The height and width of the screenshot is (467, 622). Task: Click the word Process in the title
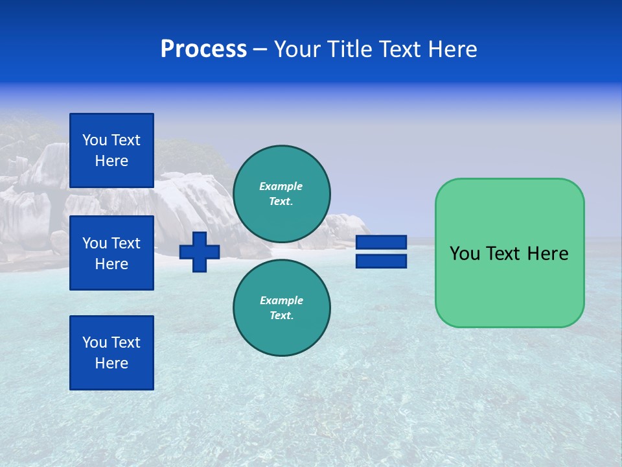203,49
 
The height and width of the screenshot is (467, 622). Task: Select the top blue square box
111,150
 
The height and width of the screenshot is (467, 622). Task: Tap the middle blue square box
111,253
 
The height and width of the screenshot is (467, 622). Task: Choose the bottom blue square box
111,353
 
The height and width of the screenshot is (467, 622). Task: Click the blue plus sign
200,252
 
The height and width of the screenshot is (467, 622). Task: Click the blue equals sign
381,252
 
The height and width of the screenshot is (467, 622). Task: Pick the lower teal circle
282,307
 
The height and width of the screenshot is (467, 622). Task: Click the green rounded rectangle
509,253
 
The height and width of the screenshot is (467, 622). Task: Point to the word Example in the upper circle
281,186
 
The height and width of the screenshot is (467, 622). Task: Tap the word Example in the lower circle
281,300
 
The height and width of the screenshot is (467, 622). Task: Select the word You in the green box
465,254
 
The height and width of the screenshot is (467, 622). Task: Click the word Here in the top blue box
111,161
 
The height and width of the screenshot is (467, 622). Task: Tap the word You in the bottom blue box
95,342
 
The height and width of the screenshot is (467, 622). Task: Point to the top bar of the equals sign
381,243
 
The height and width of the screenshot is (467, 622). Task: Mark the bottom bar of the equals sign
381,261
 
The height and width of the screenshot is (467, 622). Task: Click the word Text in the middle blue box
125,243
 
